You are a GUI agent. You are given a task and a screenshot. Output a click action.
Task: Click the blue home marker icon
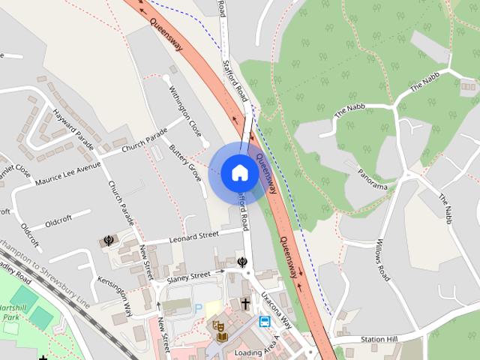pos(239,172)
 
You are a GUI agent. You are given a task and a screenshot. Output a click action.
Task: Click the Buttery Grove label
pos(184,162)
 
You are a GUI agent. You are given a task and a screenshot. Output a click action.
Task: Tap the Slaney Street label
pos(189,277)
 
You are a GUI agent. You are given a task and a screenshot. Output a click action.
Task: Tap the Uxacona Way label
pos(276,310)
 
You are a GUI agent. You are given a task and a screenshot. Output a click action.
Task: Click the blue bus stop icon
pos(265,322)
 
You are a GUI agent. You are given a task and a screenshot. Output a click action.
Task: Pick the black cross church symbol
pos(245,304)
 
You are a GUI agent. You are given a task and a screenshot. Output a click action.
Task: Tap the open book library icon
pos(221,336)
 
